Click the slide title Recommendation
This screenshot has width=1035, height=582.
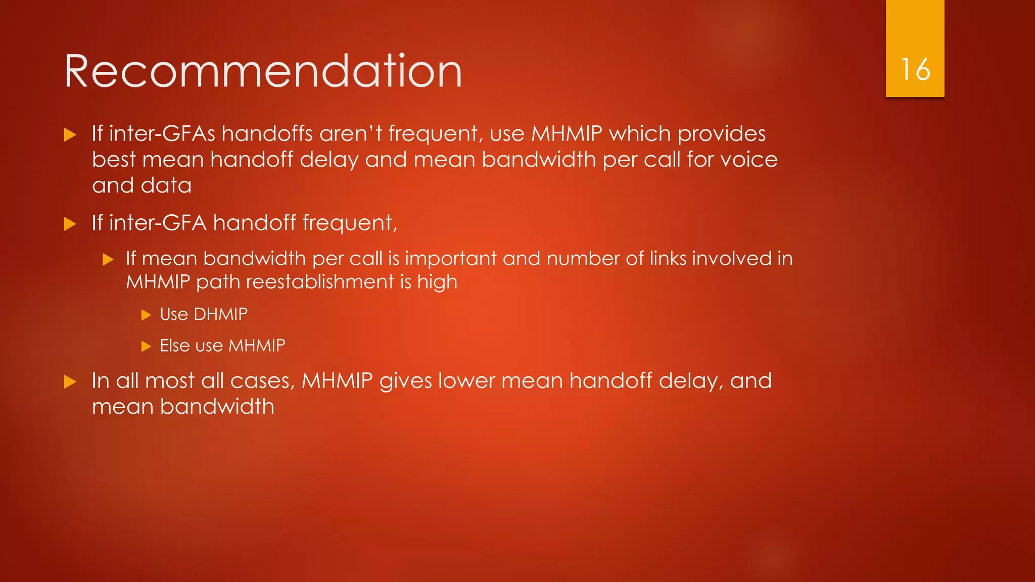pyautogui.click(x=263, y=72)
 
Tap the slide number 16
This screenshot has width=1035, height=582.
pyautogui.click(x=915, y=70)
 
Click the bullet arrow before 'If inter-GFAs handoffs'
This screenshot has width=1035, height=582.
pyautogui.click(x=70, y=135)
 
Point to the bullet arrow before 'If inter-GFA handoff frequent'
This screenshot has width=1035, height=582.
pyautogui.click(x=70, y=224)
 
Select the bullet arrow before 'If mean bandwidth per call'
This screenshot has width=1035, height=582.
pyautogui.click(x=108, y=260)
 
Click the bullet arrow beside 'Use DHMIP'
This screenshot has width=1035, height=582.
pyautogui.click(x=146, y=315)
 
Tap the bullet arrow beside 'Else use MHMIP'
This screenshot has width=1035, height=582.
pyautogui.click(x=146, y=347)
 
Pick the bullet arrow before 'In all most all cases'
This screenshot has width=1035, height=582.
pyautogui.click(x=70, y=382)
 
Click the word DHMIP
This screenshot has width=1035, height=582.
pyautogui.click(x=221, y=314)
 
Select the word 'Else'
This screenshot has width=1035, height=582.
pyautogui.click(x=174, y=346)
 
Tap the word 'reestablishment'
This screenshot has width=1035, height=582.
pyautogui.click(x=319, y=282)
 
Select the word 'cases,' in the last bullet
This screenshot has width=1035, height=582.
pyautogui.click(x=262, y=381)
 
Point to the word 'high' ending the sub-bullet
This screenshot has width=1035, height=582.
pyautogui.click(x=437, y=282)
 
